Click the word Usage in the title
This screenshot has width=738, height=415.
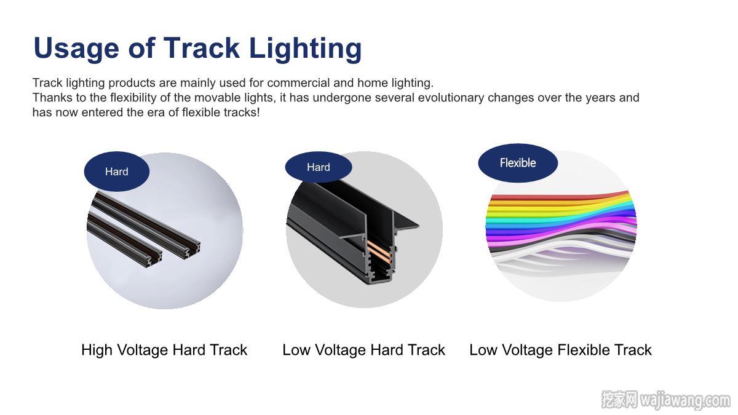(x=76, y=49)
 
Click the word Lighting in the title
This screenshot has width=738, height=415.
(x=306, y=49)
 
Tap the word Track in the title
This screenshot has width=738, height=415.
(x=201, y=48)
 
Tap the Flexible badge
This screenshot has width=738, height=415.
(x=518, y=163)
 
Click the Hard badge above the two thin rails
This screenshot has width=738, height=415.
(x=117, y=172)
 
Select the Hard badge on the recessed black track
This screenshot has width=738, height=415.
(x=319, y=167)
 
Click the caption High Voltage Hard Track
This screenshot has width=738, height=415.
(x=164, y=350)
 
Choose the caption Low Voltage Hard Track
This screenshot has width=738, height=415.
(x=363, y=350)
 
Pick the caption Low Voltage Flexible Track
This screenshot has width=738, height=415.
(x=560, y=350)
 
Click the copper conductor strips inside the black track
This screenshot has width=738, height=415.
(x=379, y=250)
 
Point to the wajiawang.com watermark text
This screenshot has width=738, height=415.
(x=685, y=400)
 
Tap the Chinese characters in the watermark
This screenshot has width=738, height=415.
(x=619, y=400)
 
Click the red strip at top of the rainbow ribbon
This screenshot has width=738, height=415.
(x=560, y=196)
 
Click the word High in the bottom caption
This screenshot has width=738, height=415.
(x=97, y=350)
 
